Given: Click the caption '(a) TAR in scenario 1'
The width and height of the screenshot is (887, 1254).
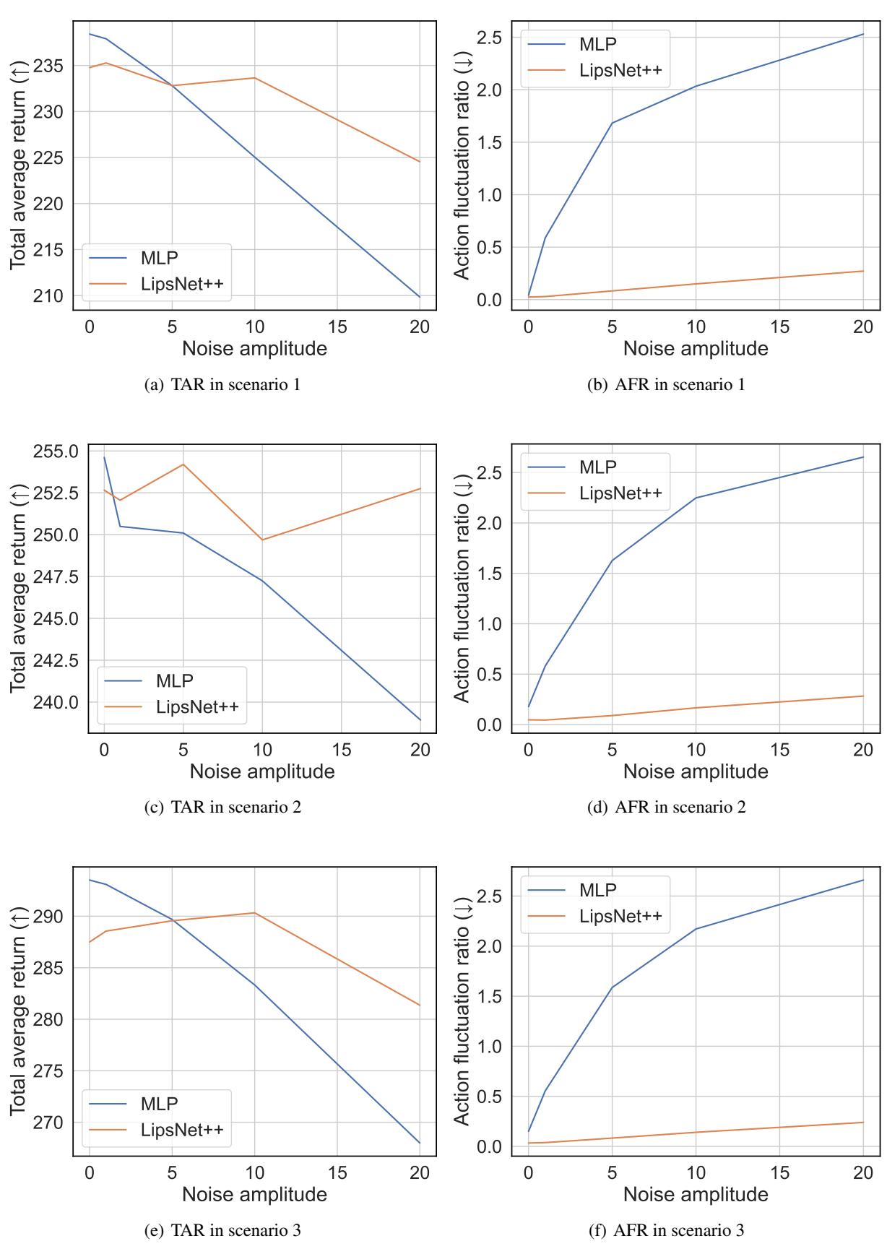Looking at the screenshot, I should [222, 384].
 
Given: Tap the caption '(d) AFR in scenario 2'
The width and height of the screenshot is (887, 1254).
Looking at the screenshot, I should [666, 807].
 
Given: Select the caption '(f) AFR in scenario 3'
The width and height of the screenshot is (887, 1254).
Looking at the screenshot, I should [666, 1229].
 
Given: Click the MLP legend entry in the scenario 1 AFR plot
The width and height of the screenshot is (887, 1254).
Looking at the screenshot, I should [597, 44].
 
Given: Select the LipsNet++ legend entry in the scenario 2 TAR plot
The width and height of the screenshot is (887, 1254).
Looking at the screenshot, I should [196, 706].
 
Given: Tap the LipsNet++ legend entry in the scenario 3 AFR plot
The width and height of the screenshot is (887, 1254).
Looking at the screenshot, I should [620, 916].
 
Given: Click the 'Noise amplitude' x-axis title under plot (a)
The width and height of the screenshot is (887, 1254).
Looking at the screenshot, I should [254, 349].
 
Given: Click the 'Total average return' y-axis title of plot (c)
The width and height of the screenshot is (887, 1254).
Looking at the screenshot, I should [18, 589].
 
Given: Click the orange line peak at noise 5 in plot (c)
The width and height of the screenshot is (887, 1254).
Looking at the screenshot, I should [183, 464].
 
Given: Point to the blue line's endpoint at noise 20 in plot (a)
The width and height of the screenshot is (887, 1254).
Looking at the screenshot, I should [420, 297].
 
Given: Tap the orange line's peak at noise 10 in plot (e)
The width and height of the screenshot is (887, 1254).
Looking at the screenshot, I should [254, 913].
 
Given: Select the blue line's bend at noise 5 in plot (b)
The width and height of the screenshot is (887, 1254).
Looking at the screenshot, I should [613, 123].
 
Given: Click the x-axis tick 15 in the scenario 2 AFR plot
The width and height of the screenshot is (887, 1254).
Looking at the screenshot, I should [779, 750].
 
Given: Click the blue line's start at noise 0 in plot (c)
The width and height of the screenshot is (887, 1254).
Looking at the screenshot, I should [104, 457].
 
